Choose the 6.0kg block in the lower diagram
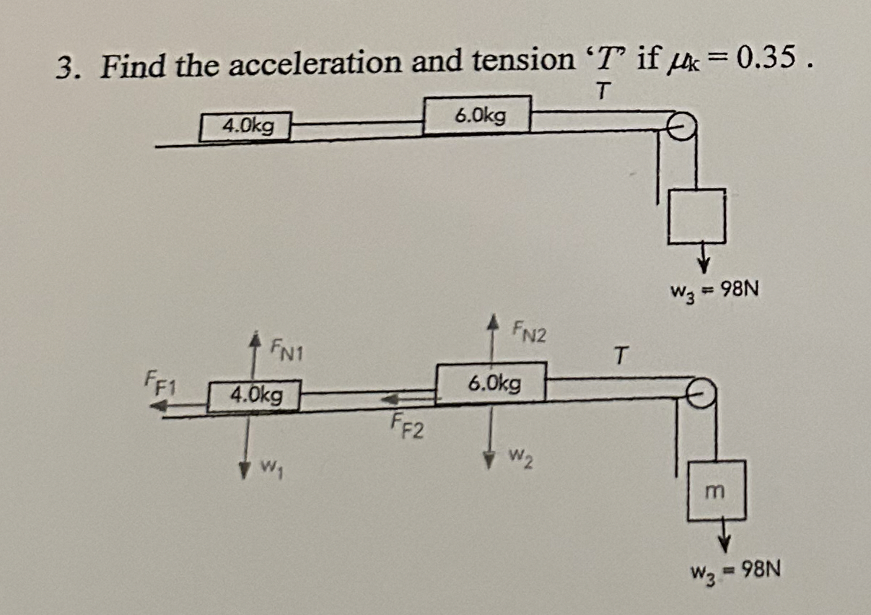coord(491,383)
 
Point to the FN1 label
coord(287,353)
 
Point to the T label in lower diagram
coord(621,355)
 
